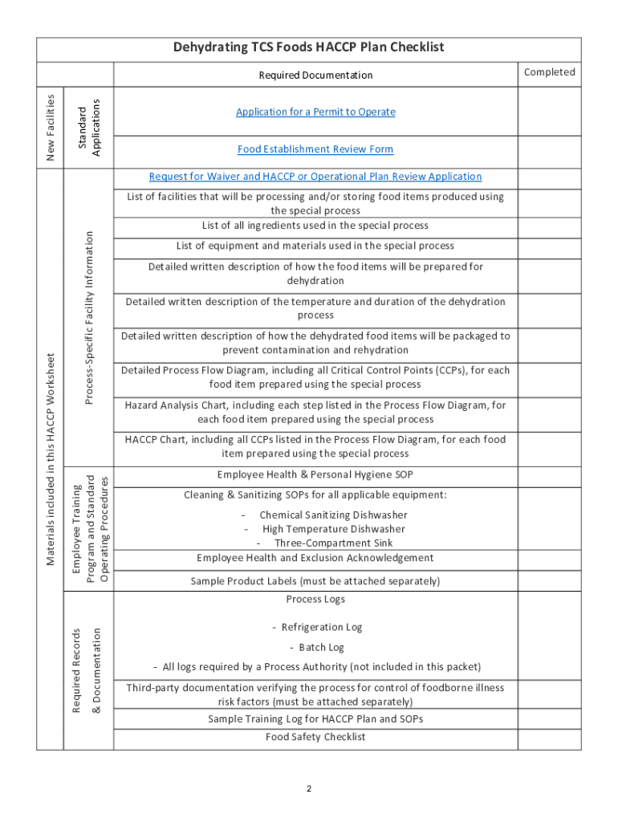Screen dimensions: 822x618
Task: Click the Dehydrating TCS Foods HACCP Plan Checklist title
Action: pyautogui.click(x=309, y=48)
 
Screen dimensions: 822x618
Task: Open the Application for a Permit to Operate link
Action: pyautogui.click(x=315, y=112)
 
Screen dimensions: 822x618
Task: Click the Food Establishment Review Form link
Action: pyautogui.click(x=315, y=149)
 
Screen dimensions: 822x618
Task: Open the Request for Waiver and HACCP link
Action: pyautogui.click(x=315, y=177)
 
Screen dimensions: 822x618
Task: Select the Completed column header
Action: pyautogui.click(x=549, y=72)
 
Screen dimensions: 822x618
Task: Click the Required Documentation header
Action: pyautogui.click(x=315, y=75)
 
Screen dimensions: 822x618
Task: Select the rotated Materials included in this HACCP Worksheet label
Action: pyautogui.click(x=50, y=459)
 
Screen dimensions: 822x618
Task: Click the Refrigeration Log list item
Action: pyautogui.click(x=317, y=627)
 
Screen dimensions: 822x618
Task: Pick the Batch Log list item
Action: pyautogui.click(x=317, y=647)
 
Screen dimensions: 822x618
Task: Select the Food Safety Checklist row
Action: pyautogui.click(x=315, y=737)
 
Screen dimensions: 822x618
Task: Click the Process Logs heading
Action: pyautogui.click(x=315, y=600)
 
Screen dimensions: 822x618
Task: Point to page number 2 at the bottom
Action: pyautogui.click(x=309, y=789)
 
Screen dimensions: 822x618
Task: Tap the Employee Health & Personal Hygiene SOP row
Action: pyautogui.click(x=315, y=475)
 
